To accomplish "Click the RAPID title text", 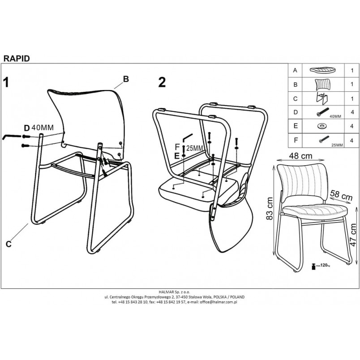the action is pyautogui.click(x=17, y=59).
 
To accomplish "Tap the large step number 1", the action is pyautogui.click(x=6, y=82).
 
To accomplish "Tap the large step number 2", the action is pyautogui.click(x=162, y=82).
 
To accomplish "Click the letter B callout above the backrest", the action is pyautogui.click(x=126, y=79).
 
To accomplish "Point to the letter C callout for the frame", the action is pyautogui.click(x=9, y=244).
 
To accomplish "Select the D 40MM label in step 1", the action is pyautogui.click(x=39, y=128).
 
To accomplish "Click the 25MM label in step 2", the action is pyautogui.click(x=194, y=148).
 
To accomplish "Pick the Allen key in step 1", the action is pyautogui.click(x=12, y=137).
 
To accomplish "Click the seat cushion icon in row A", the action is pyautogui.click(x=323, y=70).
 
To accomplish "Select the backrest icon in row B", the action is pyautogui.click(x=323, y=85).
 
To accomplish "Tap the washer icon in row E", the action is pyautogui.click(x=323, y=126).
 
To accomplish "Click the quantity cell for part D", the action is pyautogui.click(x=352, y=112).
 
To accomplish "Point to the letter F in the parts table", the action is pyautogui.click(x=296, y=140).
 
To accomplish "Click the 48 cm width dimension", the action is pyautogui.click(x=300, y=156).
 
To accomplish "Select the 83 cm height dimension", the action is pyautogui.click(x=269, y=209).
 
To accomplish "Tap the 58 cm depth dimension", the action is pyautogui.click(x=341, y=195).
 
